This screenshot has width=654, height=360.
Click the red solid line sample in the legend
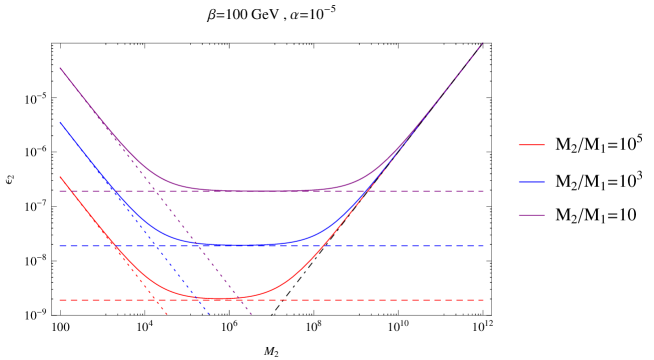(531, 145)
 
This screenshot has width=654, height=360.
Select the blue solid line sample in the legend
(531, 182)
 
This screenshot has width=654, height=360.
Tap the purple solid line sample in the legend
(531, 215)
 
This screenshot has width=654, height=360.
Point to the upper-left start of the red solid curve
(60, 177)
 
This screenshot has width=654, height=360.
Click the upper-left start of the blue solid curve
(60, 123)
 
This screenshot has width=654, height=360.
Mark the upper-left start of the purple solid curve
(60, 68)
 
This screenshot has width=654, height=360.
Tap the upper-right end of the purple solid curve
(482, 44)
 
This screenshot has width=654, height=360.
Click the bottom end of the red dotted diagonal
(167, 315)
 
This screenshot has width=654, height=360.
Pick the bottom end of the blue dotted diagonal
(209, 315)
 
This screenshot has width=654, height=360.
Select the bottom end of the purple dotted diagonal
(251, 315)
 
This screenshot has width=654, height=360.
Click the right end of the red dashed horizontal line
(484, 300)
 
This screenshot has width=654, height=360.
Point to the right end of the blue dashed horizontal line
(484, 246)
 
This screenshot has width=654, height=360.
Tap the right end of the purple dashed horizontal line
(484, 191)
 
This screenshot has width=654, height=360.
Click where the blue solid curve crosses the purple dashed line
(114, 191)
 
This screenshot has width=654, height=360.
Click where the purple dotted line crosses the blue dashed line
(198, 246)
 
